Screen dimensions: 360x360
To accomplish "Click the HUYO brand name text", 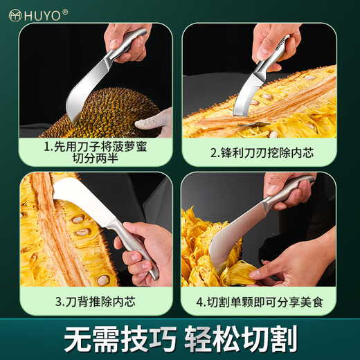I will coord(41,13).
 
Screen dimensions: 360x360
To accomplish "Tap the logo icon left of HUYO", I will coord(13,13).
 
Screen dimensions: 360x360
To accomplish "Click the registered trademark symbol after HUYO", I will coord(65,11).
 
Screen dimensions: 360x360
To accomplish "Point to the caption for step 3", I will coord(95,302).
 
